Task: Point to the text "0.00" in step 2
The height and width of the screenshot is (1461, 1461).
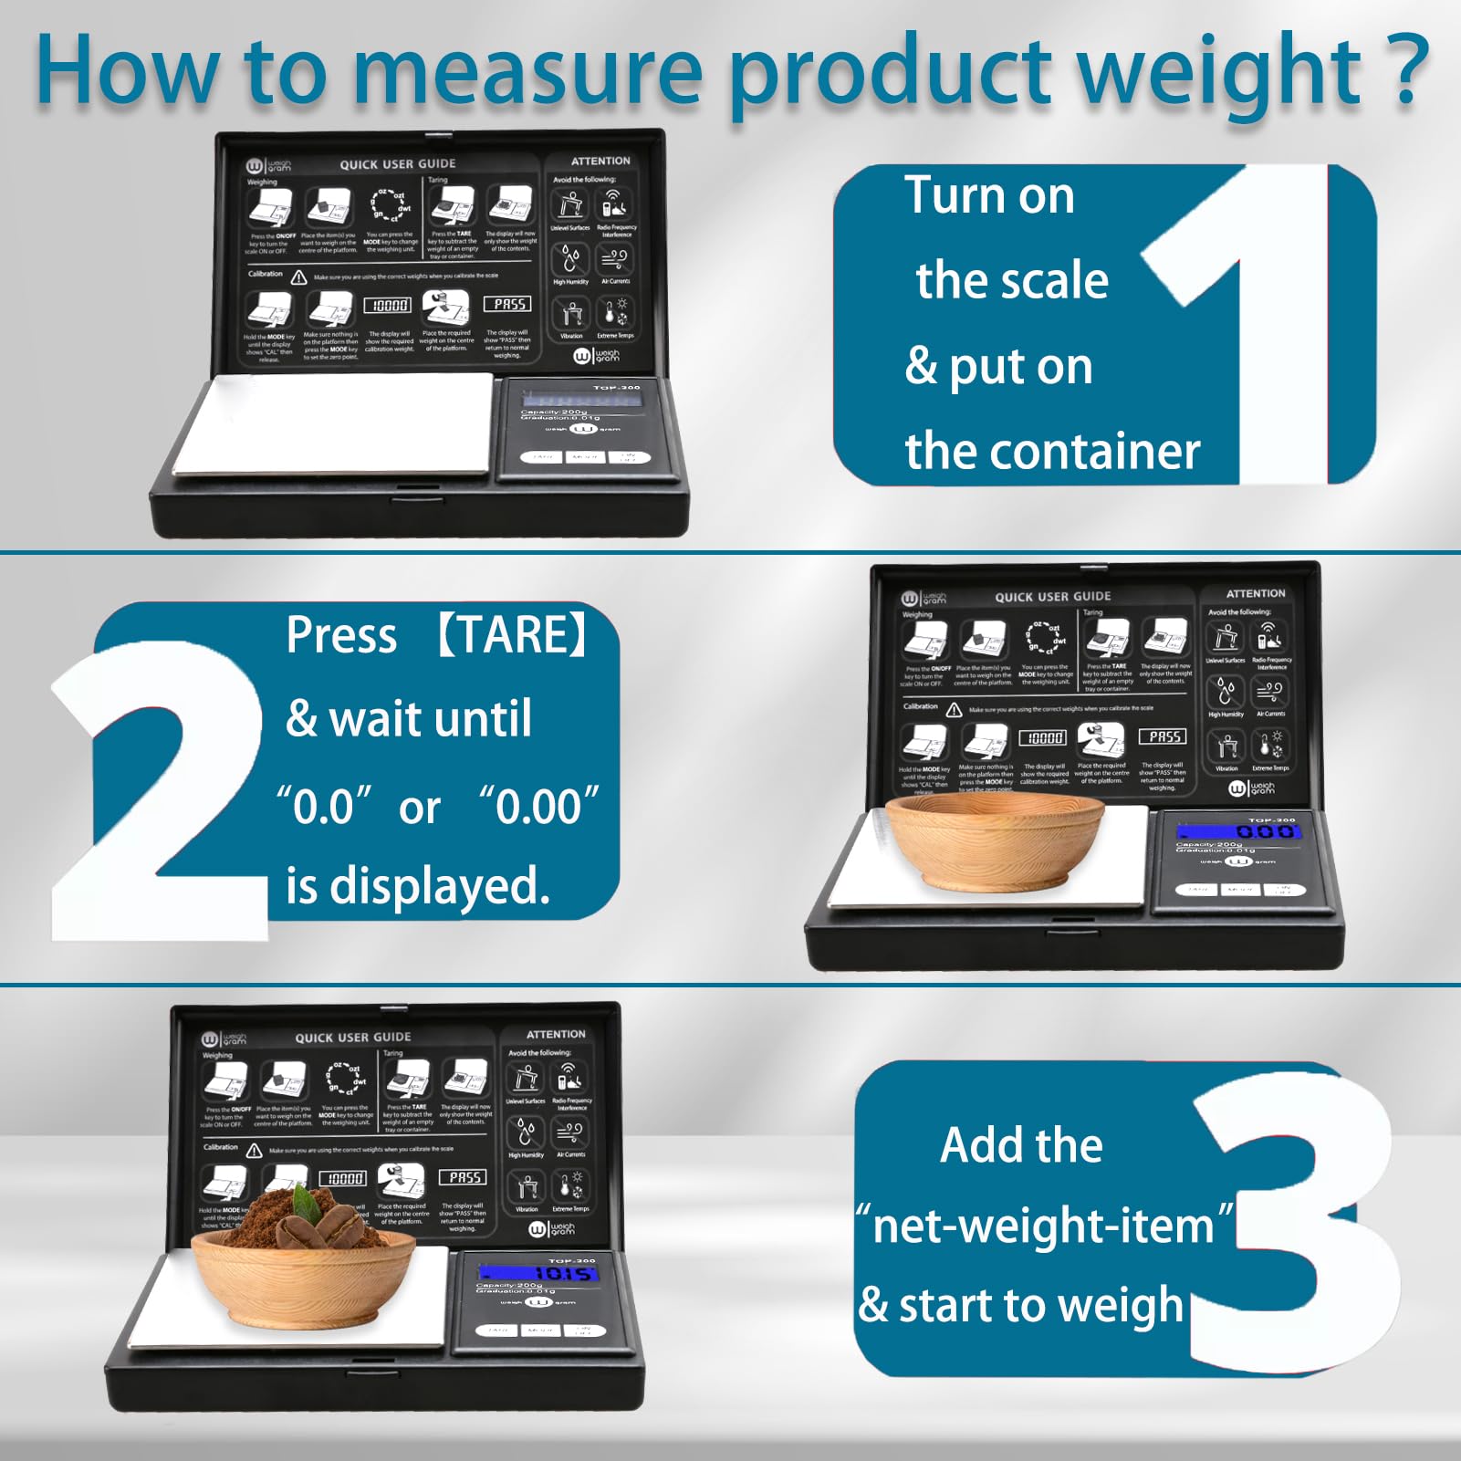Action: pos(539,807)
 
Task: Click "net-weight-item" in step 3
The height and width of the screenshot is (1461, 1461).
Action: pos(1043,1226)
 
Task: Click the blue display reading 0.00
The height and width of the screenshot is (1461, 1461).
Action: pos(1238,831)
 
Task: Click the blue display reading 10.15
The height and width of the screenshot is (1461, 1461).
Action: pos(538,1273)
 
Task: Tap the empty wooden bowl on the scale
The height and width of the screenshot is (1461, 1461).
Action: pos(995,844)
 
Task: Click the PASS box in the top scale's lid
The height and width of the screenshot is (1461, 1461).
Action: pos(509,304)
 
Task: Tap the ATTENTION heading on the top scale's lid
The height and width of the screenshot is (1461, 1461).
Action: pos(600,161)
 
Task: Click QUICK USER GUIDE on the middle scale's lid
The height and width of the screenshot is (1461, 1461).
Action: pos(1052,597)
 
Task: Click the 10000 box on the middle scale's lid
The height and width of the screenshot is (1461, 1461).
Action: pos(1042,737)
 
